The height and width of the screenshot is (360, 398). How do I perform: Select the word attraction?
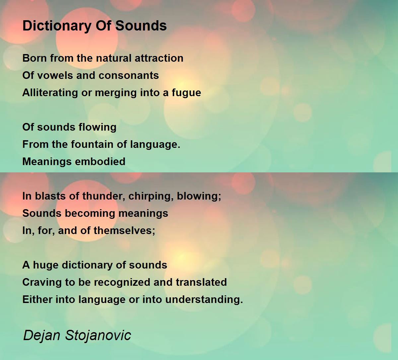(159, 58)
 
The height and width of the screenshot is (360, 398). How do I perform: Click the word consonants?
(129, 75)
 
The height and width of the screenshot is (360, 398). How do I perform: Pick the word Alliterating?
(50, 93)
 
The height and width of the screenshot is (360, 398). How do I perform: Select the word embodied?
(100, 161)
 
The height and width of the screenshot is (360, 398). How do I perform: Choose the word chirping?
(151, 196)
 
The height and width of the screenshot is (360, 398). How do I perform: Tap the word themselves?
(124, 230)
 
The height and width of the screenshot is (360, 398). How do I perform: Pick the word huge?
(46, 265)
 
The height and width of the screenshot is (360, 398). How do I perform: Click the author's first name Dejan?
(42, 335)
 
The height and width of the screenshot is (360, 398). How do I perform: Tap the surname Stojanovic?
(98, 335)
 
